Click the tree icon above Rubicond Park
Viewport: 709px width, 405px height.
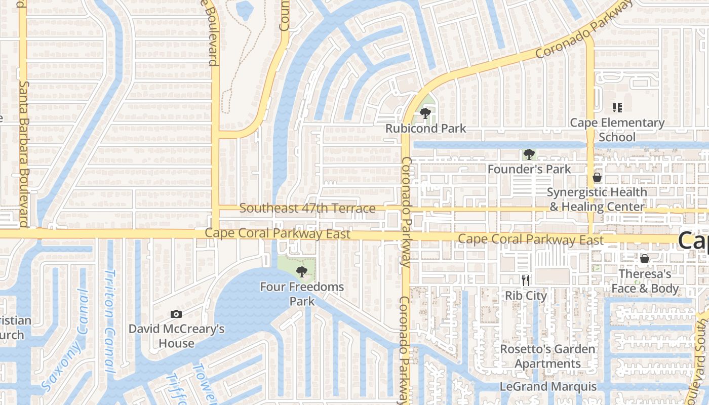coord(425,113)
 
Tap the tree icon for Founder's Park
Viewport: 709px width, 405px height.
coord(529,154)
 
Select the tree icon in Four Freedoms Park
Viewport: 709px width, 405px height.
coord(302,272)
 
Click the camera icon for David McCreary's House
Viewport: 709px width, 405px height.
coord(176,314)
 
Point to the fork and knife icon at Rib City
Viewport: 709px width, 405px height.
coord(526,280)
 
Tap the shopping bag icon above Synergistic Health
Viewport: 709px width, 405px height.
coord(597,177)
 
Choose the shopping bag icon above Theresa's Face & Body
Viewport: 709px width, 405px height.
coord(644,259)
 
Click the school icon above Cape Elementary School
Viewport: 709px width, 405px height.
coord(617,107)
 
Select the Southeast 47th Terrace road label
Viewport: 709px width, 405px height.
coord(307,208)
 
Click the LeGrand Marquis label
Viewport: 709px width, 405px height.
coord(548,387)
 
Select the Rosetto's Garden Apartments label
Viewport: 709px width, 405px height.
coord(548,356)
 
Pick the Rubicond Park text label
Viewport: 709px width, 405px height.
coord(425,128)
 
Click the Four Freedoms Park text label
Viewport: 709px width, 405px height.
coord(302,294)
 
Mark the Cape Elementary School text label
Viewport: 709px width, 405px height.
coord(617,130)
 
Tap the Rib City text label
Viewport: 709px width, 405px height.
coord(526,296)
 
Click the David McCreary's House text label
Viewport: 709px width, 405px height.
coord(176,336)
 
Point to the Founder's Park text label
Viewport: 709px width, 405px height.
coord(529,169)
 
